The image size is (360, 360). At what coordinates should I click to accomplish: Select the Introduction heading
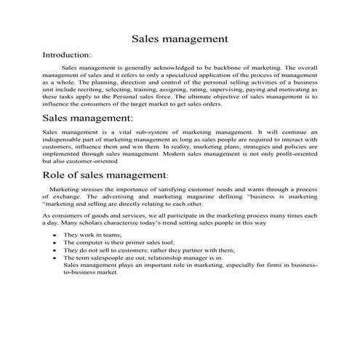67,55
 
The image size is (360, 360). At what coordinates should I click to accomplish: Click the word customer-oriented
87,161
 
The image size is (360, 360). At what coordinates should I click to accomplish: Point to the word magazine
191,196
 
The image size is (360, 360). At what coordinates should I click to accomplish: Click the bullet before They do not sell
55,251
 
